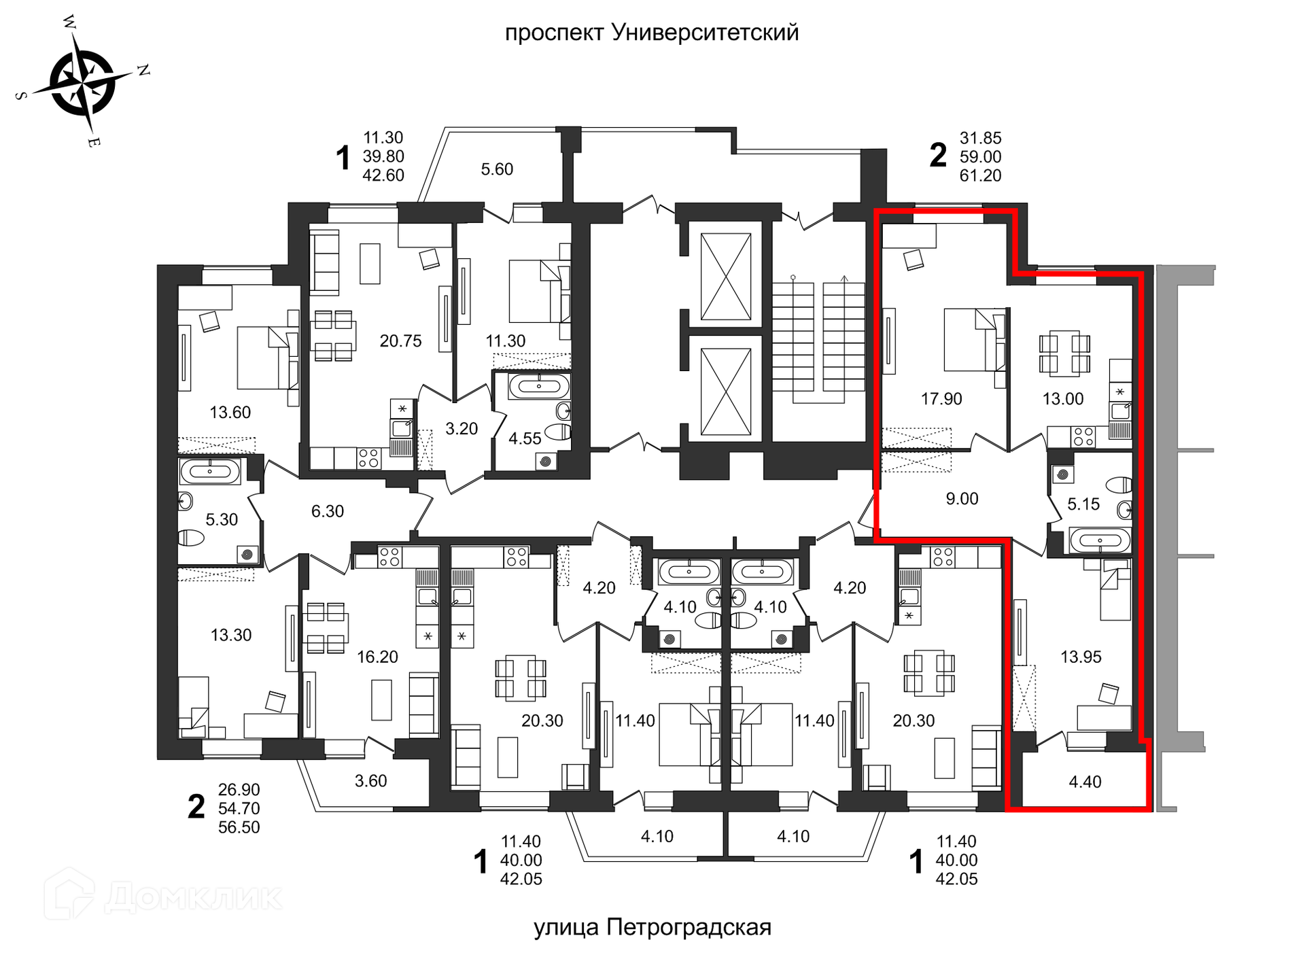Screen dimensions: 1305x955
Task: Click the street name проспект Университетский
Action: pyautogui.click(x=652, y=33)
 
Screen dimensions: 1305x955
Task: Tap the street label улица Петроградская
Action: pyautogui.click(x=652, y=927)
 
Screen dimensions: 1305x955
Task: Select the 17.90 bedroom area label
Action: pyautogui.click(x=941, y=399)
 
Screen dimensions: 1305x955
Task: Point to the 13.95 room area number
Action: pyautogui.click(x=1081, y=657)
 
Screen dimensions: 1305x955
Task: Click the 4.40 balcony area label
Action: pyautogui.click(x=1085, y=782)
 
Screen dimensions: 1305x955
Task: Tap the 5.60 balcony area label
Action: pyautogui.click(x=497, y=169)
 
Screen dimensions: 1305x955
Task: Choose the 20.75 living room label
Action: pyautogui.click(x=400, y=341)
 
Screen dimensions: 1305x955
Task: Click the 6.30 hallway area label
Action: pyautogui.click(x=328, y=511)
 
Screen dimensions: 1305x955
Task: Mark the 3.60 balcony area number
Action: pyautogui.click(x=370, y=781)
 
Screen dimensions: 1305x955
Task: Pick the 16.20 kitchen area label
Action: pyautogui.click(x=377, y=657)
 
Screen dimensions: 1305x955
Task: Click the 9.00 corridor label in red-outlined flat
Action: pyautogui.click(x=962, y=499)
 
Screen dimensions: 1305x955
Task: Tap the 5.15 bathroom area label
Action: pyautogui.click(x=1083, y=504)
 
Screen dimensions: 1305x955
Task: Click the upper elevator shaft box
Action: pyautogui.click(x=726, y=277)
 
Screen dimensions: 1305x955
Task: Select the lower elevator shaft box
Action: pyautogui.click(x=726, y=391)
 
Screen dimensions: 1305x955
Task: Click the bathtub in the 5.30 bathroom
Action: pyautogui.click(x=209, y=471)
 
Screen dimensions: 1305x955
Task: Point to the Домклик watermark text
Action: pyautogui.click(x=193, y=897)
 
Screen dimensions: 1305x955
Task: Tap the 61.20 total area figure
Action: pyautogui.click(x=980, y=175)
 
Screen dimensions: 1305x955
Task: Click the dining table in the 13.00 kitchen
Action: pyautogui.click(x=1064, y=354)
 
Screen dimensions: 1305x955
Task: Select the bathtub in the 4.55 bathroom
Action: pyautogui.click(x=539, y=386)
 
